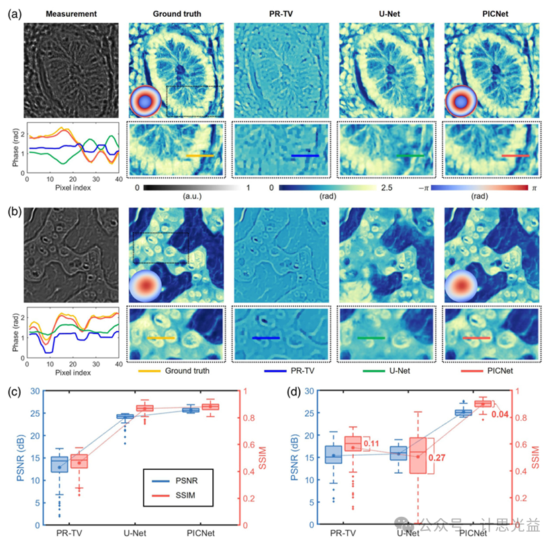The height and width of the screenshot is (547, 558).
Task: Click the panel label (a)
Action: tap(14, 12)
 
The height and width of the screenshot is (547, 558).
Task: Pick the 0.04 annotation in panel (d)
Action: tap(499, 414)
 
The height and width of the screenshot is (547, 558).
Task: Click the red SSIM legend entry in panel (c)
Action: tap(183, 495)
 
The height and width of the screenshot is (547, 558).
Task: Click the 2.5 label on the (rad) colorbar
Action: tap(385, 189)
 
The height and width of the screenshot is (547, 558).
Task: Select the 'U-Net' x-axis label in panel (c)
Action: tap(136, 534)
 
